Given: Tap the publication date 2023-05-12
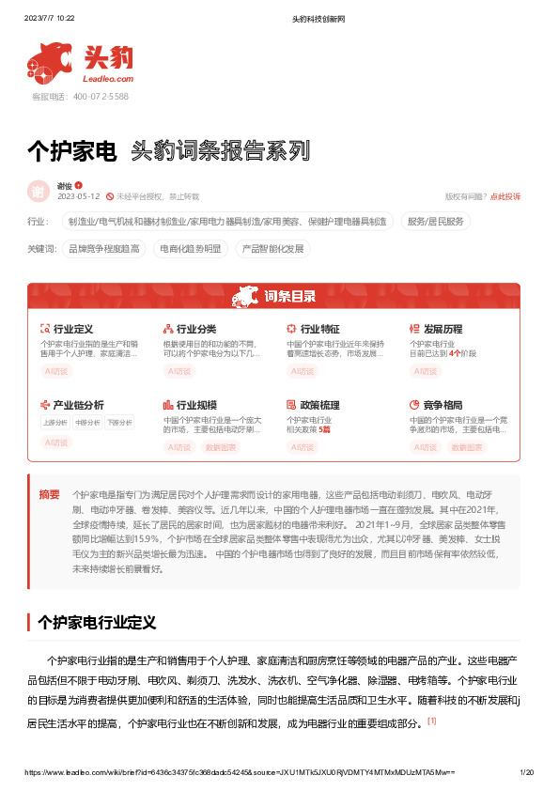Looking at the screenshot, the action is pos(78,196).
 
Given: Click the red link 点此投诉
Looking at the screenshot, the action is pos(505,196).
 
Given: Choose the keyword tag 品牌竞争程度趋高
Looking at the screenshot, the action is pos(104,249).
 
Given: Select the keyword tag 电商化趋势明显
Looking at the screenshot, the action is pos(191,249).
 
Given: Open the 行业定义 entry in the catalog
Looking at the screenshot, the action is pos(72,330).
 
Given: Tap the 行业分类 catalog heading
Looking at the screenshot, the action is pos(195,330).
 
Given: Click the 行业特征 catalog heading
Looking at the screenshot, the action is pos(319,330).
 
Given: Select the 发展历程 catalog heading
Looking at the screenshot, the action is pos(443,330).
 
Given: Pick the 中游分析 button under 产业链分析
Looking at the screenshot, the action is pos(88,423).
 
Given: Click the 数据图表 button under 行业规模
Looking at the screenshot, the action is pos(221,447).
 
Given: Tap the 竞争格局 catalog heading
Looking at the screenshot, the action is pos(443,405).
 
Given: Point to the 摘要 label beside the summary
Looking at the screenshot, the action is pos(49,494).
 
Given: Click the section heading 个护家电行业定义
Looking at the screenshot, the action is pos(96,623).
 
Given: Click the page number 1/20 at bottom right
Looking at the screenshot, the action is pos(526,771).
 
